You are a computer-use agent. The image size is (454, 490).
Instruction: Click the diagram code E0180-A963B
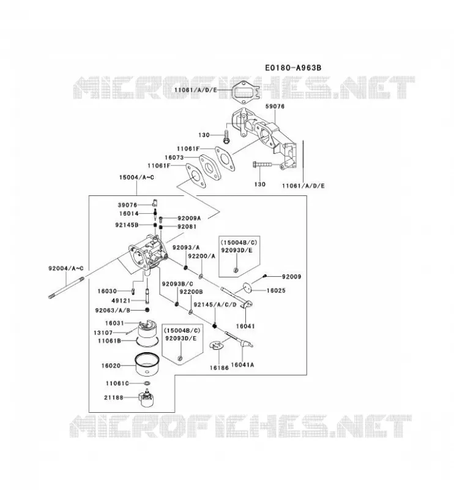pos(293,67)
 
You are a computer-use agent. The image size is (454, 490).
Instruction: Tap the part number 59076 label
pos(275,106)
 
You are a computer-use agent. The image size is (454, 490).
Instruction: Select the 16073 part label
pos(174,157)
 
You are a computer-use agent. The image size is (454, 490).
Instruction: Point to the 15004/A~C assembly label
pos(136,177)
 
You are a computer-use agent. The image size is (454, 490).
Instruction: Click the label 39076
pos(127,205)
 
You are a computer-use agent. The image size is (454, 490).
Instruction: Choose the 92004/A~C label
pos(66,268)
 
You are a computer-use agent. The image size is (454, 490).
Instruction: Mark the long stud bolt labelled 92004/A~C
pos(66,287)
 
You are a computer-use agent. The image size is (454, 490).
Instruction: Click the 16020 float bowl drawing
pos(147,364)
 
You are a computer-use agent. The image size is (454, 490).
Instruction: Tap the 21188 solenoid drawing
pos(146,398)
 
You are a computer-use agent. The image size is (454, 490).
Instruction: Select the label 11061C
pos(117,383)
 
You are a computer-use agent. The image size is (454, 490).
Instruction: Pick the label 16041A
pos(242,364)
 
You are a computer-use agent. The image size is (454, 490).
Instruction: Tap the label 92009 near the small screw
pos(291,277)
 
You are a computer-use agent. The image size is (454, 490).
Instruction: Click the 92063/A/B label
pos(113,311)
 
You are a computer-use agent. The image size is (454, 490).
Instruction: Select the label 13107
pos(103,333)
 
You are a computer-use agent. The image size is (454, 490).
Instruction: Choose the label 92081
pos(187,227)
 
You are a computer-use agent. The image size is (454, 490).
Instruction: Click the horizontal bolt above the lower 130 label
pos(262,164)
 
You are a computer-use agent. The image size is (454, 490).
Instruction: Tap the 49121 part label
pos(121,301)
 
